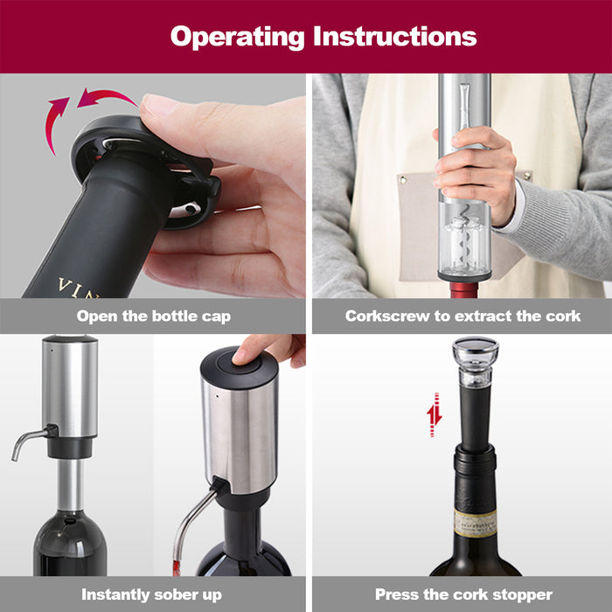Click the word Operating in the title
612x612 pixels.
coord(236,37)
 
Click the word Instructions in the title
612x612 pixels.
coord(395,37)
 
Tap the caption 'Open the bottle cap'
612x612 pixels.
coord(153,316)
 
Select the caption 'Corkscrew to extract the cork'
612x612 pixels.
coord(462,316)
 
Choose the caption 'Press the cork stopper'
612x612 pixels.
coord(463,595)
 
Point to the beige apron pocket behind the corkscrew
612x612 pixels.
coord(420,227)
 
